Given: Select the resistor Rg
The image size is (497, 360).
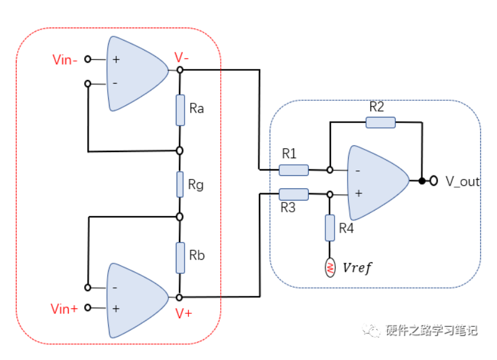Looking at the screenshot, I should click(180, 184).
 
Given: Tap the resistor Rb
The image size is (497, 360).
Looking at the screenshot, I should click(180, 257).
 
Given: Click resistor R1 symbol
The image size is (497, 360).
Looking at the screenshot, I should click(293, 170).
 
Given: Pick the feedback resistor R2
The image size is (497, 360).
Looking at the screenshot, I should click(380, 122).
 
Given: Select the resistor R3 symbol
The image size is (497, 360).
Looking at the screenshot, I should click(293, 194).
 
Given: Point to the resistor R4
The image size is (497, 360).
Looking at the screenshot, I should click(330, 229).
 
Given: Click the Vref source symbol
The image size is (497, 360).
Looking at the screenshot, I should click(330, 268).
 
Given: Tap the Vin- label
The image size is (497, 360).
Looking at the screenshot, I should click(65, 60).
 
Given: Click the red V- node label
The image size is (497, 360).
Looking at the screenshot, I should click(181, 57).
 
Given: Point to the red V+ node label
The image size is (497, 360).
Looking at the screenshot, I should click(183, 313).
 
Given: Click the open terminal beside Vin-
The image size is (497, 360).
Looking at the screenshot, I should click(88, 60).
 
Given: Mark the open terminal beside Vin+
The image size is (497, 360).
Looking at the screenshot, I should click(88, 308).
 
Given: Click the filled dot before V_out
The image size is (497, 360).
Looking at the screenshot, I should click(422, 182).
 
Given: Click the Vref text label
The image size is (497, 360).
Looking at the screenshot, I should click(357, 268).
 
